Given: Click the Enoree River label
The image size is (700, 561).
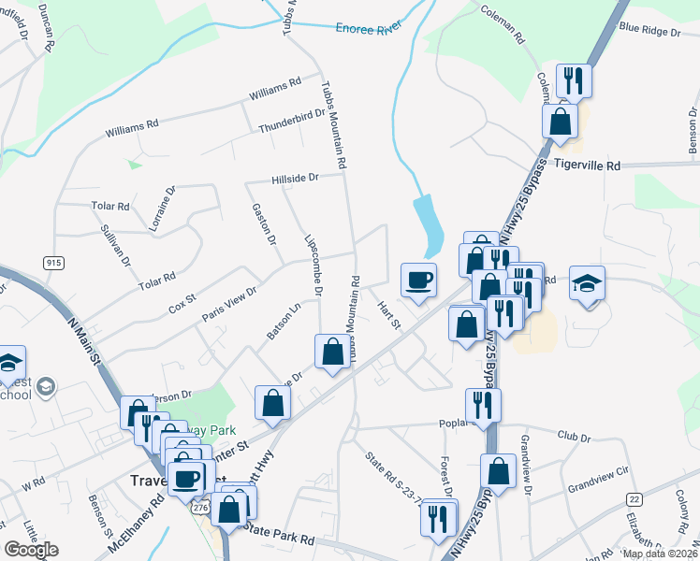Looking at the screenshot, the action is tap(368, 29).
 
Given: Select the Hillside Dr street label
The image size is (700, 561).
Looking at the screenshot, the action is tap(295, 177).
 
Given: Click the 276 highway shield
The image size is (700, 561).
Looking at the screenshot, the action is tap(199, 505).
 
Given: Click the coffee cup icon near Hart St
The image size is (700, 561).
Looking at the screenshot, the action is tap(417, 279).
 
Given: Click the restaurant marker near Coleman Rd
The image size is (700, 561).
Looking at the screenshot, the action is tap(573, 80).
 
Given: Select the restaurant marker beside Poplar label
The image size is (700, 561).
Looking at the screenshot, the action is tap(483, 405).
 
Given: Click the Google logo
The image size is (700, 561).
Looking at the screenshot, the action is tap(31, 550).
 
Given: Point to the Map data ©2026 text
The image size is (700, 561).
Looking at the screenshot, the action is tap(660, 554).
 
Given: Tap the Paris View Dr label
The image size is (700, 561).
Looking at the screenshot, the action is tap(229, 305).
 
